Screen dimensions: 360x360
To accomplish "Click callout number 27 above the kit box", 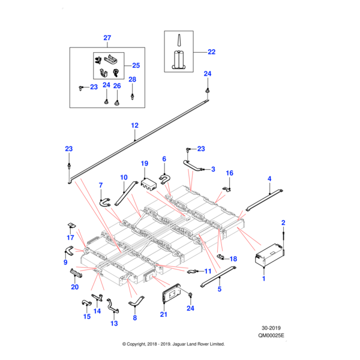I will tap(107, 38).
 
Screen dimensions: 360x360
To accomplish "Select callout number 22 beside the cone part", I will tap(211, 52).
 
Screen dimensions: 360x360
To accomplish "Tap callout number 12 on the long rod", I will tap(134, 125).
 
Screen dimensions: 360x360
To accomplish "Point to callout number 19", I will tap(144, 163).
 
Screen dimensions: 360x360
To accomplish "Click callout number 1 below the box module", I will tap(263, 279).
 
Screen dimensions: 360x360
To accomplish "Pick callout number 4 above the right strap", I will tap(270, 179).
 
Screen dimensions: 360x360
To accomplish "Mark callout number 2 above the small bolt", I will tap(283, 223).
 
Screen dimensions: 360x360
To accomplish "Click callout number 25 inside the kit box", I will tap(136, 65).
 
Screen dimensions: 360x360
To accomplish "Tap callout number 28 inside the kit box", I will tap(132, 80).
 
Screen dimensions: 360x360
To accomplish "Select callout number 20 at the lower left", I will tap(75, 287).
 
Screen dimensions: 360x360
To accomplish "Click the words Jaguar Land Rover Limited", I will tap(198, 344).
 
